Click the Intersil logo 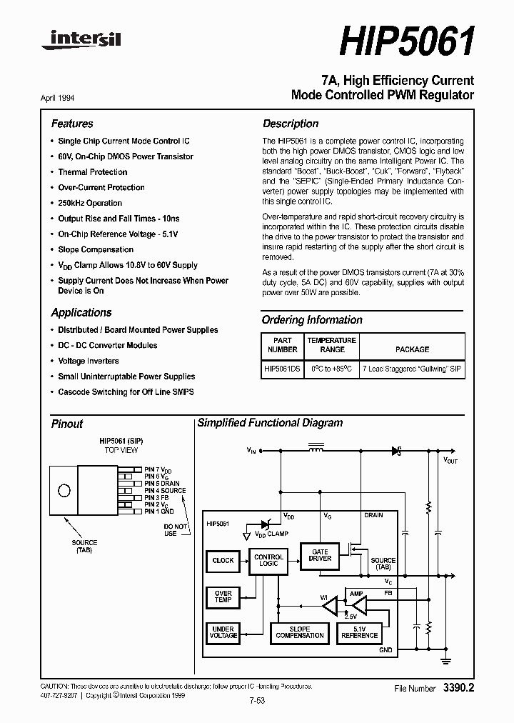click(x=81, y=41)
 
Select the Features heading click(x=72, y=124)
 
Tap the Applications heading click(x=81, y=312)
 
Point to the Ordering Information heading click(x=312, y=320)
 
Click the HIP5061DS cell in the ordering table click(x=282, y=369)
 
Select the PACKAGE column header click(x=412, y=349)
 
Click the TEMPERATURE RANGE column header click(x=332, y=345)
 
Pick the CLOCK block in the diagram click(x=223, y=561)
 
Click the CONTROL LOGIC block click(x=268, y=561)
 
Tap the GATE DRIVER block click(x=320, y=554)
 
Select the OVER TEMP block click(x=223, y=597)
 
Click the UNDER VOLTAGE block click(x=223, y=633)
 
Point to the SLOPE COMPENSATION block click(x=300, y=632)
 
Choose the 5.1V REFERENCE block click(x=359, y=632)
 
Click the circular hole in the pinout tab click(x=65, y=491)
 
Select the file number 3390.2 click(x=458, y=688)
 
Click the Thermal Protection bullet click(x=93, y=172)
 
